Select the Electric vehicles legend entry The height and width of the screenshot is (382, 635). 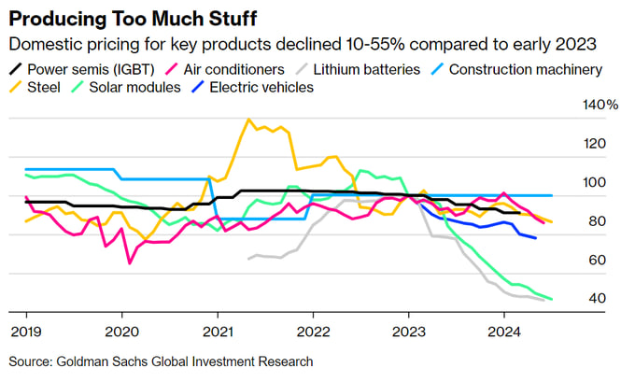point(261,88)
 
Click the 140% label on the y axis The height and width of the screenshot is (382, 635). point(601,105)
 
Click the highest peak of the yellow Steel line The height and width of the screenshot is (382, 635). point(248,120)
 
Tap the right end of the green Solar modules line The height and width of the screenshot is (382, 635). point(551,300)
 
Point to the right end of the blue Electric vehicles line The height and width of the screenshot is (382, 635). point(535,239)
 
